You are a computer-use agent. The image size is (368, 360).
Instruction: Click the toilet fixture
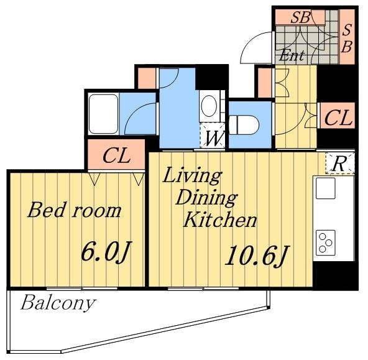point(244,124)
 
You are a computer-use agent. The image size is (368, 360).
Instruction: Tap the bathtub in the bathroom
point(103,114)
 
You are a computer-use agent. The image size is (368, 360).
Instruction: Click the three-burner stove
point(326,242)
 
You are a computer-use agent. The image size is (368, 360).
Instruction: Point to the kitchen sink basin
point(325,188)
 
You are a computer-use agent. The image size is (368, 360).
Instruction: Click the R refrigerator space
point(340,164)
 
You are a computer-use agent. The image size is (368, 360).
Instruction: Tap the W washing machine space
point(213,136)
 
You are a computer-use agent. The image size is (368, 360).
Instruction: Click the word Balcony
point(58,303)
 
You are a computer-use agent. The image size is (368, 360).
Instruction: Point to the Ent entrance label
point(292,55)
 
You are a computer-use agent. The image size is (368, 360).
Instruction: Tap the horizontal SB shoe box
point(300,17)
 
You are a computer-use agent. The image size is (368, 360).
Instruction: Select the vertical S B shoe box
point(347,37)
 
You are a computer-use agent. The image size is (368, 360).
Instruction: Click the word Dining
point(206,198)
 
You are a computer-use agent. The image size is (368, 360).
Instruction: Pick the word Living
point(193,176)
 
